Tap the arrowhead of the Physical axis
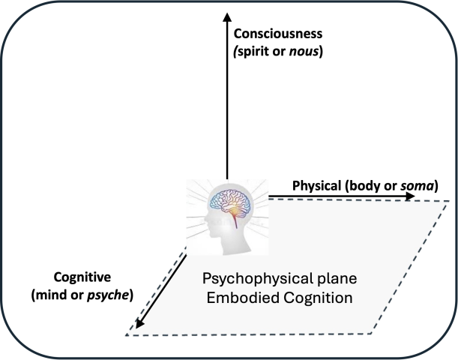(411, 196)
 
